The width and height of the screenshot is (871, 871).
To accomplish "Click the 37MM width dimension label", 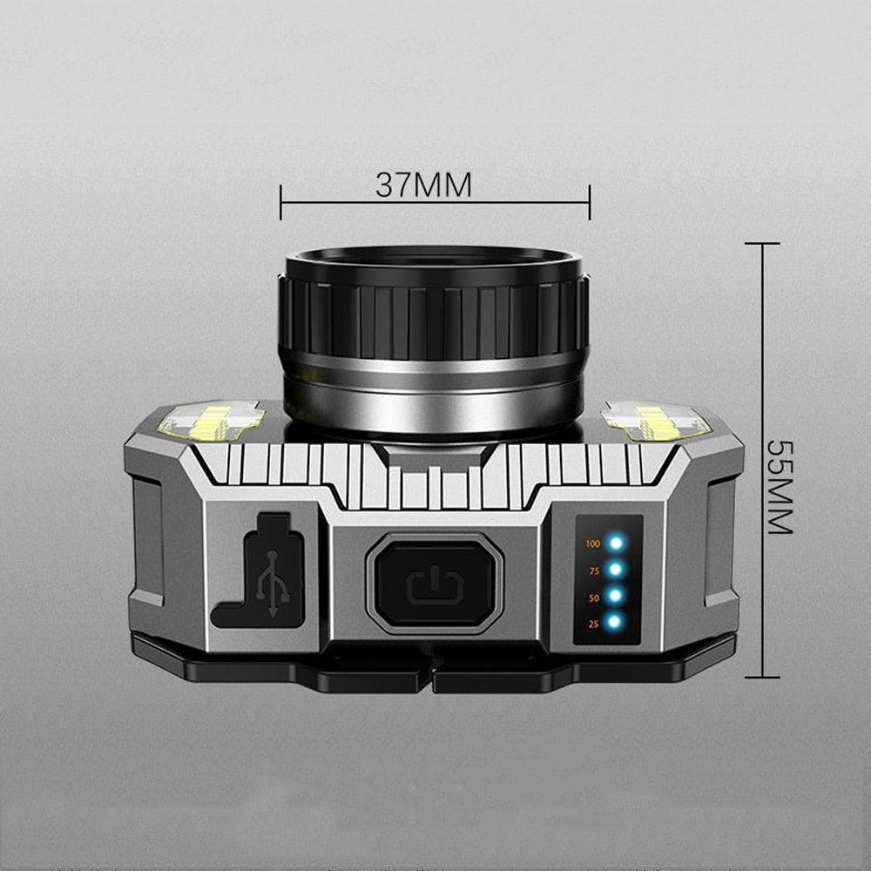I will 423,185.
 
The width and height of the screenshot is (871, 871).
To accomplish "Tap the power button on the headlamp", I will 435,583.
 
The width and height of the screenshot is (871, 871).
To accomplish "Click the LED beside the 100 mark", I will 617,544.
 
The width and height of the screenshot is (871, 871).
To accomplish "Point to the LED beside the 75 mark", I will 617,570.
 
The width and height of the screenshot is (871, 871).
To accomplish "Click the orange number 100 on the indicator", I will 593,544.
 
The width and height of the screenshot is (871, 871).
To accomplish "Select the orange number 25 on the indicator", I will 593,624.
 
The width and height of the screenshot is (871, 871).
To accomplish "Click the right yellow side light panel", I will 657,420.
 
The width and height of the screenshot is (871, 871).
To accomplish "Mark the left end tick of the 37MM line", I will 280,202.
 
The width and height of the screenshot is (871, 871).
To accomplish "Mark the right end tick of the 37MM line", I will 590,202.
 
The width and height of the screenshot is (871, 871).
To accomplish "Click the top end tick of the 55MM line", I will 762,244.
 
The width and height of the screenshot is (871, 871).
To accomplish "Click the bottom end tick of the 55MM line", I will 762,676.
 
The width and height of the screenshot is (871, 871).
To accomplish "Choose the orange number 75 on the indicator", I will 593,571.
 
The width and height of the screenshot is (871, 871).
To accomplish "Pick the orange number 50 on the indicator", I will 593,598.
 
